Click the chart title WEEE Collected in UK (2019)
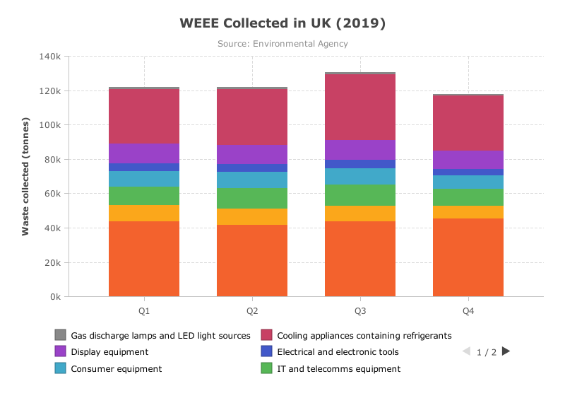pos(282,23)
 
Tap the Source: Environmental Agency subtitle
pos(282,44)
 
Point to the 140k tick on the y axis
pos(50,57)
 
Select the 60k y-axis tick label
pos(52,194)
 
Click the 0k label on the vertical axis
pos(56,296)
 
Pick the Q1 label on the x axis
pos(144,311)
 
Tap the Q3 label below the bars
pos(360,311)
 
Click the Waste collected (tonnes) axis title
pos(25,177)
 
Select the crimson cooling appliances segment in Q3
pos(360,107)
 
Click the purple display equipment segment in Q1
pos(144,153)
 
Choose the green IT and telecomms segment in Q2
pos(252,198)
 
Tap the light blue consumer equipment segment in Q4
pos(468,182)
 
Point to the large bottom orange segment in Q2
pos(252,260)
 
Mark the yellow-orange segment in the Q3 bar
pos(360,214)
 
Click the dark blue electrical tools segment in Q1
pos(144,167)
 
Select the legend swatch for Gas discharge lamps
pos(61,335)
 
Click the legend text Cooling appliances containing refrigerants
pos(364,336)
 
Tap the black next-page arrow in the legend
pos(506,351)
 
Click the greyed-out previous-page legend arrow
pos(467,351)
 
